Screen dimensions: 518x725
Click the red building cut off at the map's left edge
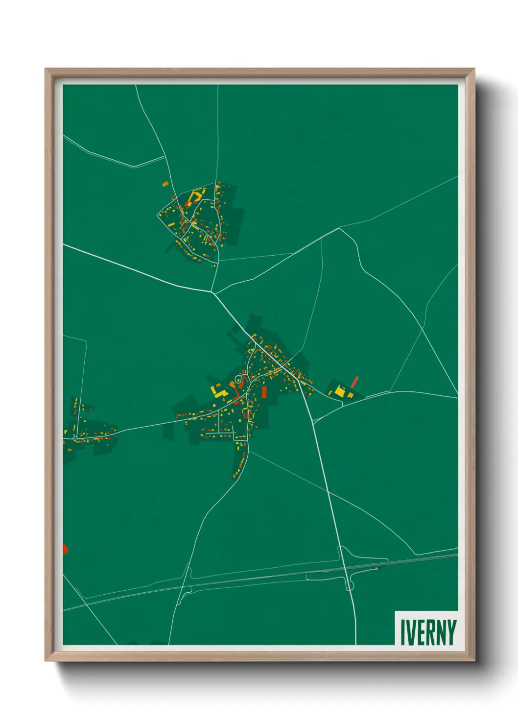(65, 549)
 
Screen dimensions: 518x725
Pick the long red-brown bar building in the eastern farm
(354, 382)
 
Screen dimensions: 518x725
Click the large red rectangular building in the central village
(264, 392)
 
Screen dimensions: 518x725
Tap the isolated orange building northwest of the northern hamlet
(165, 184)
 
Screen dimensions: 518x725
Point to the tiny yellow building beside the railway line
(376, 569)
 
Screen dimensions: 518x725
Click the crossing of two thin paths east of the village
(423, 328)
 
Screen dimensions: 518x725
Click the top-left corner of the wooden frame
(46, 69)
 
